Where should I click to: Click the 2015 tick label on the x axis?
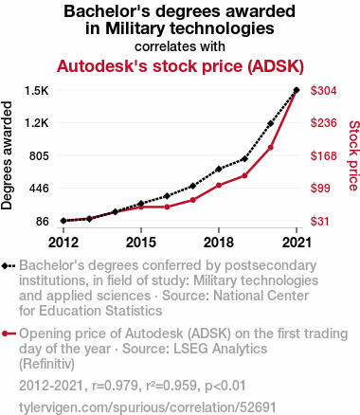click(141, 243)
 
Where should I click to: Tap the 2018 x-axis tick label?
click(219, 243)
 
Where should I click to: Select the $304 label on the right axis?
click(324, 91)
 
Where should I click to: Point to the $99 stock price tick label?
click(320, 189)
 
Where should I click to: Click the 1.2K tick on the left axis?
click(37, 123)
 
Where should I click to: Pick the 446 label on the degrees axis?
click(39, 189)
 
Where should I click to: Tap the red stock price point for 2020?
click(270, 148)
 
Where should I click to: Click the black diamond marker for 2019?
click(244, 159)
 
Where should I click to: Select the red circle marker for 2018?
click(219, 185)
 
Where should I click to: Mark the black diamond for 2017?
click(193, 186)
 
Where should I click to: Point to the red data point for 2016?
click(167, 207)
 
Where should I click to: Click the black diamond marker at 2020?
click(270, 123)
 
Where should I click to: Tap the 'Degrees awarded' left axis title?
click(7, 155)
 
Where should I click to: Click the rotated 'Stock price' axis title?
click(353, 155)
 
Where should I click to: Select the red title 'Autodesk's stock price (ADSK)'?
click(180, 66)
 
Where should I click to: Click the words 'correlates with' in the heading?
click(180, 46)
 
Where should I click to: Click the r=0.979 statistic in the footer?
click(116, 386)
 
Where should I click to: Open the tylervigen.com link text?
click(148, 407)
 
